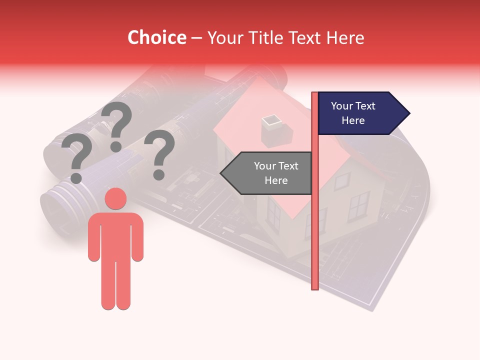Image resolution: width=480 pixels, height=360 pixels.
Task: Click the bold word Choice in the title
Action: [x=156, y=37]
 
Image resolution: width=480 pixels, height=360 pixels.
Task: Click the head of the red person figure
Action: [x=115, y=198]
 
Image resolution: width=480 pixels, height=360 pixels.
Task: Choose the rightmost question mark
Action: [x=159, y=154]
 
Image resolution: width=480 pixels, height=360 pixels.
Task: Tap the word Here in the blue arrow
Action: [x=353, y=120]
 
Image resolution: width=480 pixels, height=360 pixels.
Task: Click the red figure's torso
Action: [x=115, y=235]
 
